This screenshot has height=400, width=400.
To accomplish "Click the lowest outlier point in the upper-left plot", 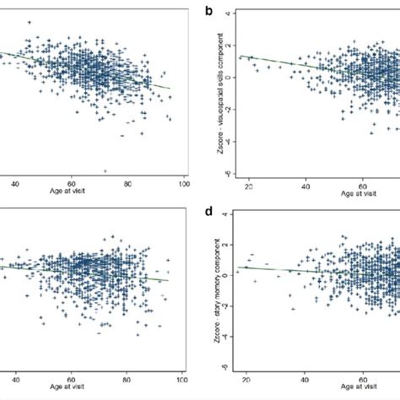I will pos(105,170).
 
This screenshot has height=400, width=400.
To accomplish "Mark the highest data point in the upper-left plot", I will pos(30,23).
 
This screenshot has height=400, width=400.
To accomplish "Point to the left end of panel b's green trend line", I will pos(239,57).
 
